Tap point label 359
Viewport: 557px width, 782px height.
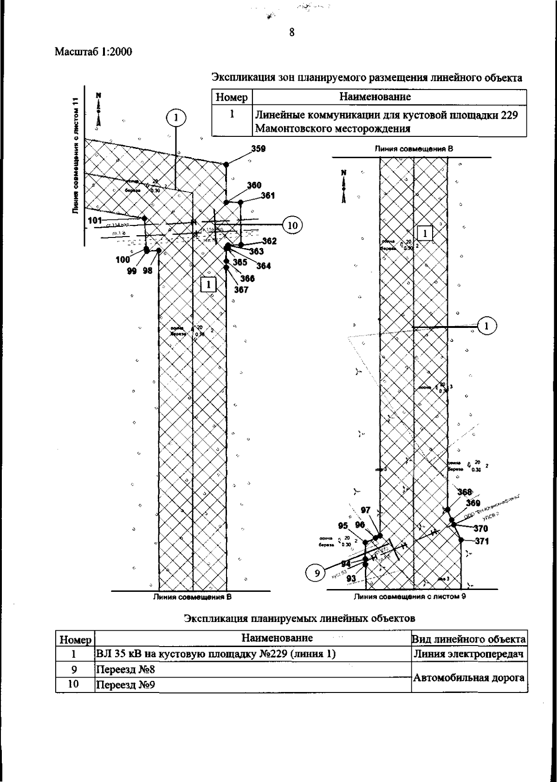click(259, 149)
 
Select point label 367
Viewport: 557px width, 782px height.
click(241, 290)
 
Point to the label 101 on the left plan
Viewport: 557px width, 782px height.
click(95, 220)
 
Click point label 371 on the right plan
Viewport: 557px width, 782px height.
click(481, 541)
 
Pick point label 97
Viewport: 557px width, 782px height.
click(366, 510)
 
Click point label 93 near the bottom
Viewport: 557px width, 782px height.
click(351, 578)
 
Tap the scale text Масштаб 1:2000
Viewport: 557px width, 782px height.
click(93, 52)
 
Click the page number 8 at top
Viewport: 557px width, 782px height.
click(291, 32)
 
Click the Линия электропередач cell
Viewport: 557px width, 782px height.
click(469, 654)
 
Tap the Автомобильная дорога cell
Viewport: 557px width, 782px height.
click(469, 678)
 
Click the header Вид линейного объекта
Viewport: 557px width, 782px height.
click(469, 639)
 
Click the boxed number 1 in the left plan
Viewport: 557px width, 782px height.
click(208, 284)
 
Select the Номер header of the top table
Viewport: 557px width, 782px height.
click(232, 97)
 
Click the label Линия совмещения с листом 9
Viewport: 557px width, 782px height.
click(410, 596)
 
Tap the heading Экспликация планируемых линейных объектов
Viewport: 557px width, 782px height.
click(299, 618)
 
